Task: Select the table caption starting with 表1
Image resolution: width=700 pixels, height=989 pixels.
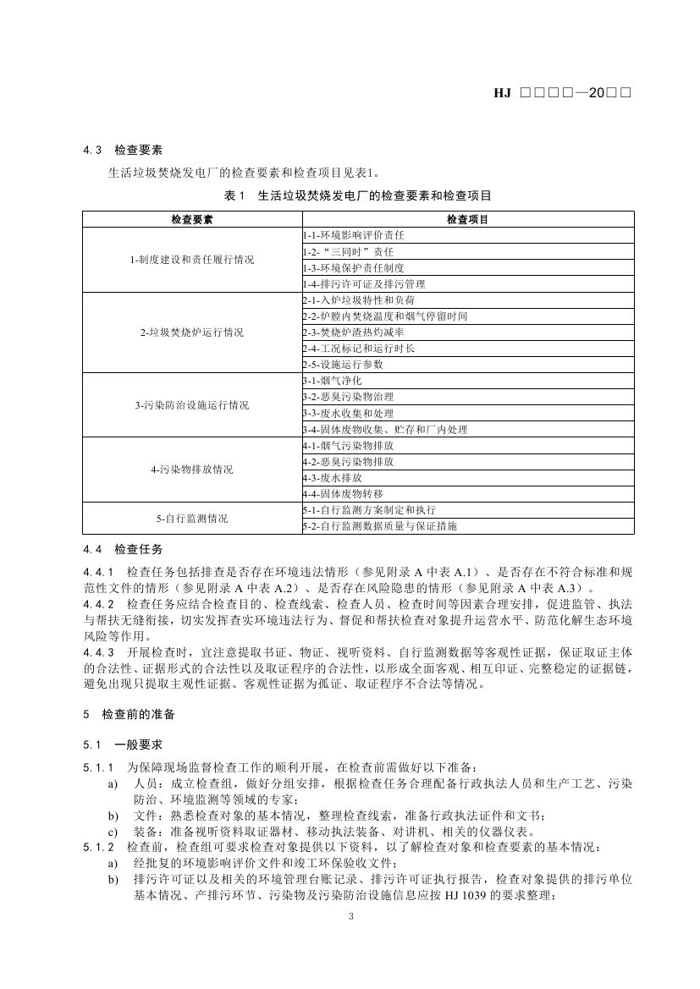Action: tap(358, 195)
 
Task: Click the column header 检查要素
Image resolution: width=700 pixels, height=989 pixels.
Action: tap(191, 219)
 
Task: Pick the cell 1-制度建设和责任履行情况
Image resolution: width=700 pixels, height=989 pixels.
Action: tap(191, 259)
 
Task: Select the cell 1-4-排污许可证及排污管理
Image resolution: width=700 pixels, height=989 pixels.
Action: tap(363, 283)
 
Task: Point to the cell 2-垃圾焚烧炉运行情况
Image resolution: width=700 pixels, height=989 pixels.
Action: tap(191, 332)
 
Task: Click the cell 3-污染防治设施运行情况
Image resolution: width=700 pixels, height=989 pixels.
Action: tap(191, 405)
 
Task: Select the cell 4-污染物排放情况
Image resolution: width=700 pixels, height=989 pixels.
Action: tap(191, 470)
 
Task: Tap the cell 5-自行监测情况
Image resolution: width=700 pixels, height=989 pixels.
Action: tap(191, 518)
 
